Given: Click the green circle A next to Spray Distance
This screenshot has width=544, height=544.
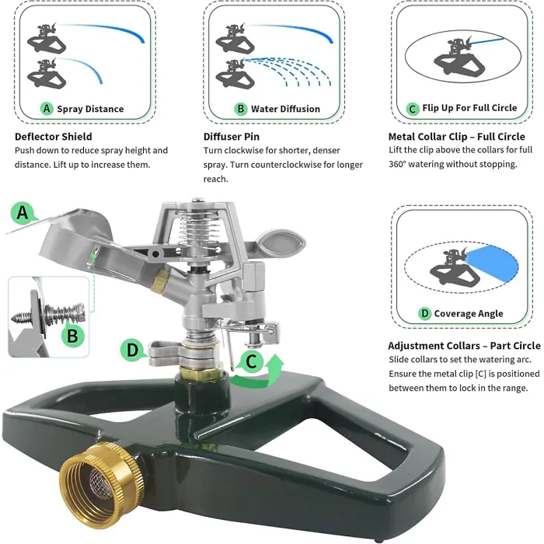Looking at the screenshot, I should click(47, 109).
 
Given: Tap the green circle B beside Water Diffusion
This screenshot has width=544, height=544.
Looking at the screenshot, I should click(241, 109).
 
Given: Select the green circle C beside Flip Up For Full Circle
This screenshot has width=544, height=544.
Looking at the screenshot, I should click(413, 109).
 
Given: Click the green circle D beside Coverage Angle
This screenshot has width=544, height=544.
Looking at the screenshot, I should click(424, 314).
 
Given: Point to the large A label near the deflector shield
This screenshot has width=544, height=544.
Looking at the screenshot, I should click(23, 211).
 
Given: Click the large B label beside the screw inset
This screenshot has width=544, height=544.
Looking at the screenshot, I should click(72, 336).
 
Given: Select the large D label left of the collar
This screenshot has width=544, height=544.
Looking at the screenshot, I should click(133, 350).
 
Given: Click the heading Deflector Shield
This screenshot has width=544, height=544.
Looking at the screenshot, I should click(54, 137).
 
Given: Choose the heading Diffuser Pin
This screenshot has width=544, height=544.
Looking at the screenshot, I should click(232, 137).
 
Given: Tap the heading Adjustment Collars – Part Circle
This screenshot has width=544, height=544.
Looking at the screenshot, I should click(464, 346).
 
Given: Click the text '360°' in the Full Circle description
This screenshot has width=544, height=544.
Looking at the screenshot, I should click(399, 164).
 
